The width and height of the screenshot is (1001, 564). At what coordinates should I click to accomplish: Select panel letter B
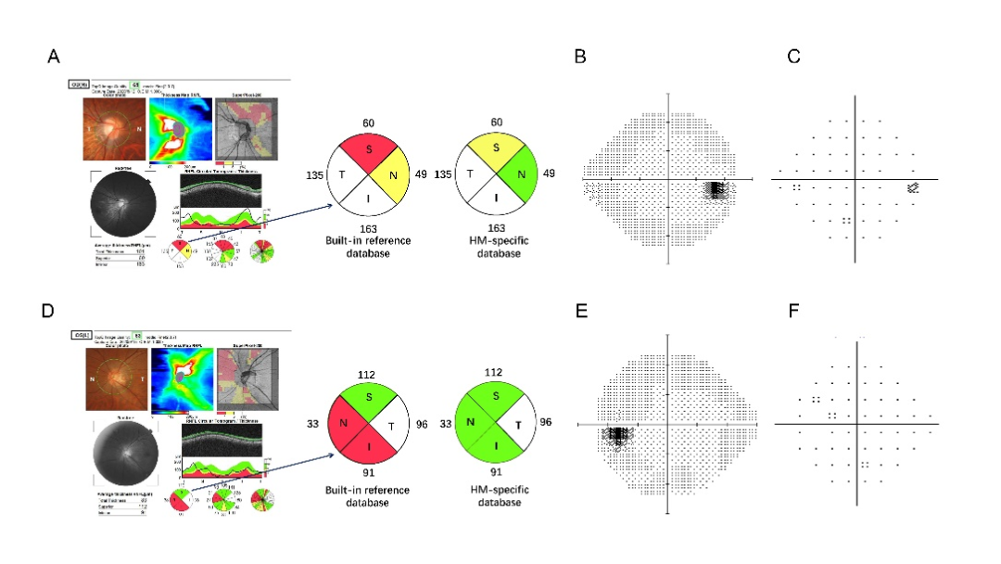click(580, 58)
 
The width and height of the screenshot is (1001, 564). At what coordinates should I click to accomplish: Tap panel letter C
click(793, 58)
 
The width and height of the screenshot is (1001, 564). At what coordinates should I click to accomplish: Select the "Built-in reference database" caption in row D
click(363, 495)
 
